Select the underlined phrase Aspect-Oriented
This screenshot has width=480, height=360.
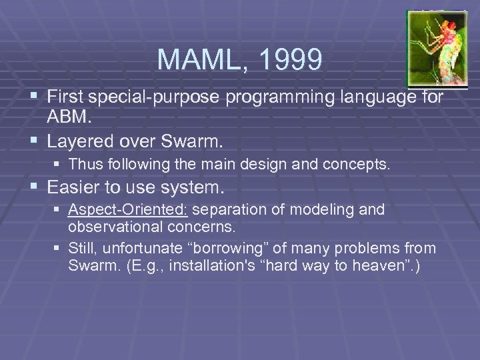click(x=129, y=210)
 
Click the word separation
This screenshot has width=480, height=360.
click(x=229, y=210)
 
